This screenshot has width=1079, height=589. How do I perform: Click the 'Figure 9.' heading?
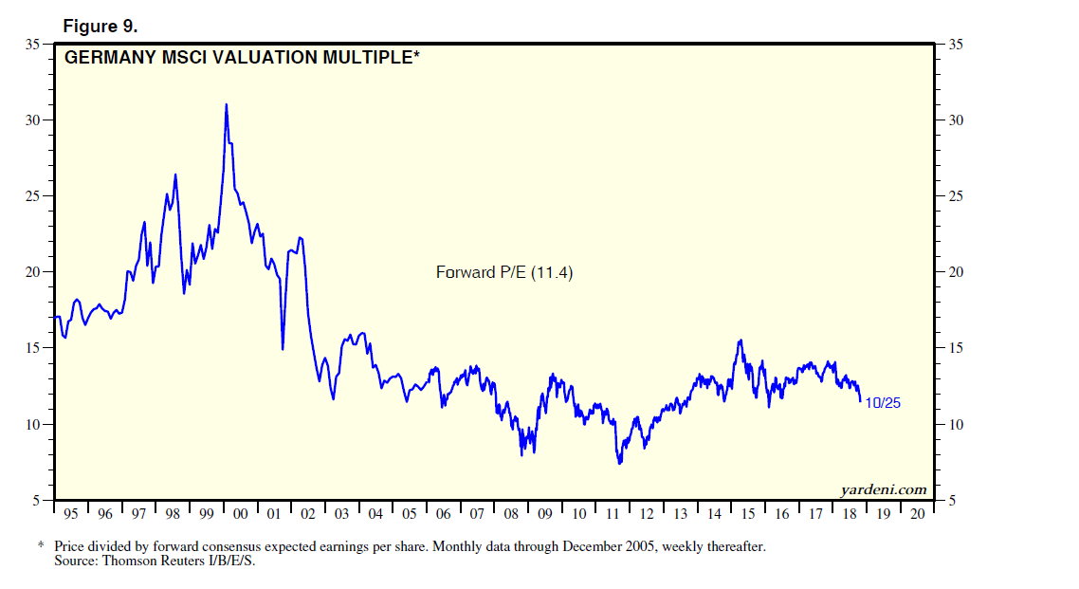pyautogui.click(x=100, y=26)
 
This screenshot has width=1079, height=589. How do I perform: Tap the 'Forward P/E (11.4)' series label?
pyautogui.click(x=504, y=272)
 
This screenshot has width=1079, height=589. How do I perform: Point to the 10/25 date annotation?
pyautogui.click(x=883, y=402)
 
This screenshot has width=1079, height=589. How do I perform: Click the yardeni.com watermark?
pyautogui.click(x=884, y=489)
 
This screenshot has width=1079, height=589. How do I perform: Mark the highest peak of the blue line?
pyautogui.click(x=226, y=104)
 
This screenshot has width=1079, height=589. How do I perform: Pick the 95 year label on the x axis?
pyautogui.click(x=71, y=514)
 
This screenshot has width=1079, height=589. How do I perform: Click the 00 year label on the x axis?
pyautogui.click(x=240, y=514)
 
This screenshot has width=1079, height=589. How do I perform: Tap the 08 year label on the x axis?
pyautogui.click(x=510, y=514)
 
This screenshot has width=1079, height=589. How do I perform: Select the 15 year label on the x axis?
pyautogui.click(x=747, y=514)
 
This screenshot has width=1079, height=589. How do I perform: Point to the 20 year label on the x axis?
pyautogui.click(x=916, y=514)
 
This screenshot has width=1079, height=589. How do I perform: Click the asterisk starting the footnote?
pyautogui.click(x=41, y=546)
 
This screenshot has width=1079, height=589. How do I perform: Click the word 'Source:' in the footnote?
pyautogui.click(x=75, y=561)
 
